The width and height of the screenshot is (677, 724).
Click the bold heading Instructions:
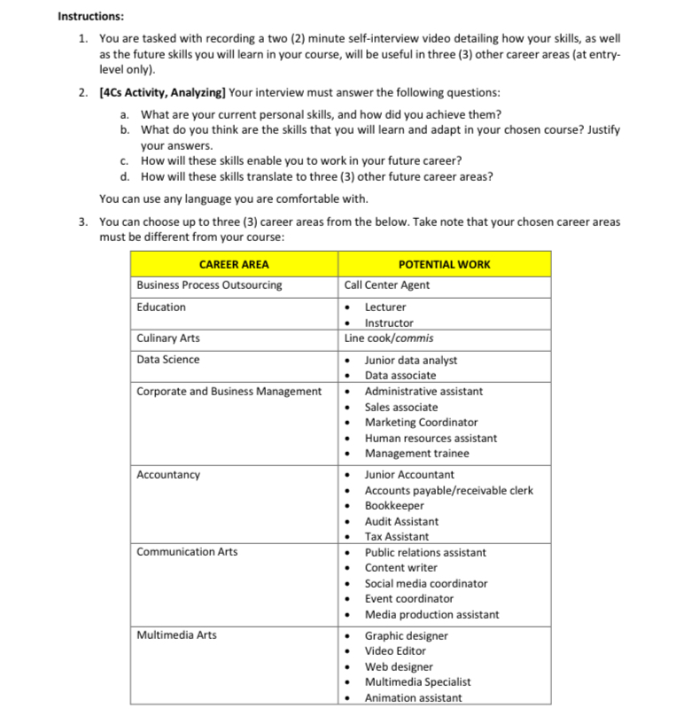[x=90, y=16]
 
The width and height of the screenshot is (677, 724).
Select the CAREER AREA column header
[x=234, y=264]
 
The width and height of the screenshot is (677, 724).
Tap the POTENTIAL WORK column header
[x=444, y=264]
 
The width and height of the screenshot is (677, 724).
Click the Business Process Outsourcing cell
[x=209, y=285]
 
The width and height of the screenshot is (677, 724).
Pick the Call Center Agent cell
[x=387, y=285]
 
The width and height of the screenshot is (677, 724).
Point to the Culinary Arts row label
[x=168, y=338]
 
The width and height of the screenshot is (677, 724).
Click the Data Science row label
[x=168, y=359]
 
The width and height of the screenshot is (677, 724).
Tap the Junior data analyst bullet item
[x=410, y=360]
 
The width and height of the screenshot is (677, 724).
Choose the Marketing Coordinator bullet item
[x=421, y=422]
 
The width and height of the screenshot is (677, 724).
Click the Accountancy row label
[x=168, y=474]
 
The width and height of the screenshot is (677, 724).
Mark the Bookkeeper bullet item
[x=394, y=505]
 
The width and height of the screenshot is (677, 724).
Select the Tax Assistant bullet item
[x=396, y=536]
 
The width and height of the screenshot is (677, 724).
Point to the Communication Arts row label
[x=187, y=551]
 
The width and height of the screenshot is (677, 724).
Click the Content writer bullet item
[x=401, y=567]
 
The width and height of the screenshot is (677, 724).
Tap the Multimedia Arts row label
[x=176, y=634]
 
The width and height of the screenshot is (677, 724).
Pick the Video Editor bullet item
[x=395, y=650]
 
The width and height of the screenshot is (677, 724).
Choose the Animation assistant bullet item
[x=413, y=697]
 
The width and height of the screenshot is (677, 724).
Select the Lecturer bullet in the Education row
[x=385, y=307]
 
